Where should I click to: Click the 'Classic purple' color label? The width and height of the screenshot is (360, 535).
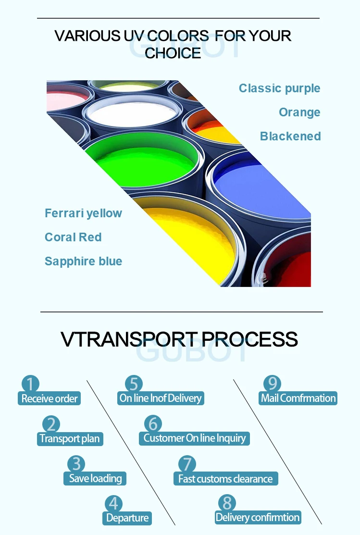(x=279, y=88)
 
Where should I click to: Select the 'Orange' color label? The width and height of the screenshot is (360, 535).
(x=299, y=112)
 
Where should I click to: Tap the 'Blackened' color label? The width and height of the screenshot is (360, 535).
(x=290, y=137)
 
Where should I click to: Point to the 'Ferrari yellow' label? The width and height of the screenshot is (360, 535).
(x=83, y=213)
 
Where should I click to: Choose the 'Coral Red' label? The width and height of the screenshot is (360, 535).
(x=73, y=237)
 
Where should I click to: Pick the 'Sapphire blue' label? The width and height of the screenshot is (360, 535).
(x=83, y=261)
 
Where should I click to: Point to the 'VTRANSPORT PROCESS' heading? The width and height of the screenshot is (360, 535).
(x=179, y=339)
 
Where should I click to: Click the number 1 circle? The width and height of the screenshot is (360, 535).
(x=30, y=384)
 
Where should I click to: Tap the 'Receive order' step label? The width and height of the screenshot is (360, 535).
(x=50, y=398)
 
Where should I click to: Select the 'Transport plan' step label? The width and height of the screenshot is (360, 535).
(x=70, y=438)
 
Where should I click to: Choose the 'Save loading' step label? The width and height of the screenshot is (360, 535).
(x=95, y=478)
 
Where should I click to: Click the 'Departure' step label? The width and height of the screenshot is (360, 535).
(x=127, y=518)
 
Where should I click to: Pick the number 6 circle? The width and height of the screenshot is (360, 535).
(x=153, y=423)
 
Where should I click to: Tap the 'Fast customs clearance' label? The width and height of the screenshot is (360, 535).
(x=225, y=479)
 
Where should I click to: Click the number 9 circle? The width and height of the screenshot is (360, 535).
(x=272, y=384)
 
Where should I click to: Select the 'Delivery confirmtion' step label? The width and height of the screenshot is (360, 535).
(x=258, y=517)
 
